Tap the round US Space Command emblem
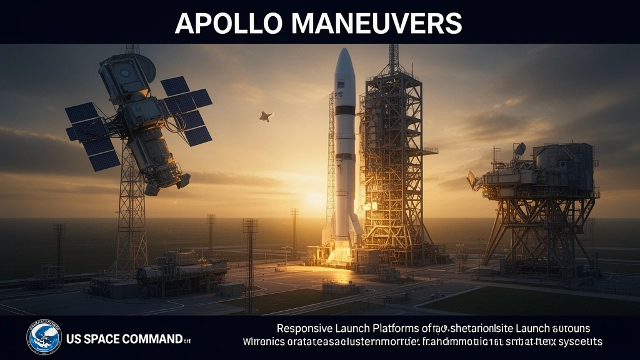(44, 338)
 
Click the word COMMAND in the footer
(157, 339)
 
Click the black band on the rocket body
(344, 110)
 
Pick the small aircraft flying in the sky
(266, 116)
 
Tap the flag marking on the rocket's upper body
(341, 84)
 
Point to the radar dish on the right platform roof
(519, 149)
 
